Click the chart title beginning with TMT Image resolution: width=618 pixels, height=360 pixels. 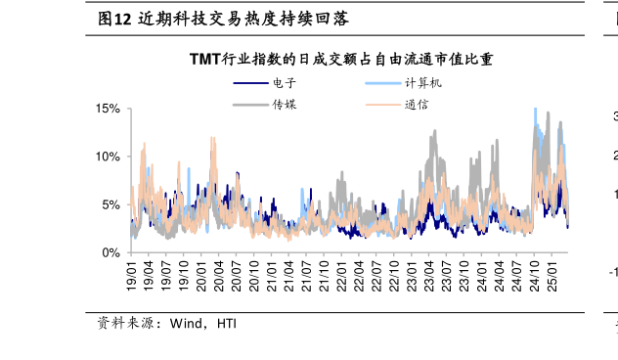341,60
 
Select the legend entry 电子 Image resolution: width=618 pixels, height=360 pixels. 284,83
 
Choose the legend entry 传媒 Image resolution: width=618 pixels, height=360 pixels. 284,104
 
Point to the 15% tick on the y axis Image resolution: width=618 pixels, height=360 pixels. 107,109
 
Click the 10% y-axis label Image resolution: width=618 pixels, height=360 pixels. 107,157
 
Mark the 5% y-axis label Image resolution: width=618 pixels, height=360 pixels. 110,204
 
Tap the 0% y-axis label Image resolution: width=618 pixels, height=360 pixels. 110,252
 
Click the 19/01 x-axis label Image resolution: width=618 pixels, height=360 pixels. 131,271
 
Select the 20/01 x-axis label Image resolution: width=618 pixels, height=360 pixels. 201,271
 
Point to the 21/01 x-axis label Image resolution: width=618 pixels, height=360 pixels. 272,271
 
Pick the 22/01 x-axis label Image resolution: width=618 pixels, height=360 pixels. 342,271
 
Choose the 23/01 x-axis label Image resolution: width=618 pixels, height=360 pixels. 413,271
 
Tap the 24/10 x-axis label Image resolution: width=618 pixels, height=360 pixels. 536,271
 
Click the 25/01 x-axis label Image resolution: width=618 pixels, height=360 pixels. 553,271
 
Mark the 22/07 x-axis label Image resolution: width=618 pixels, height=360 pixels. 377,271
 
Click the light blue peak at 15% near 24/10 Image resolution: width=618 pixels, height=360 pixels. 535,110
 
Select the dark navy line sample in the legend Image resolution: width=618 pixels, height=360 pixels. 250,83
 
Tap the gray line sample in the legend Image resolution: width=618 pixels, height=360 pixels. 250,104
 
